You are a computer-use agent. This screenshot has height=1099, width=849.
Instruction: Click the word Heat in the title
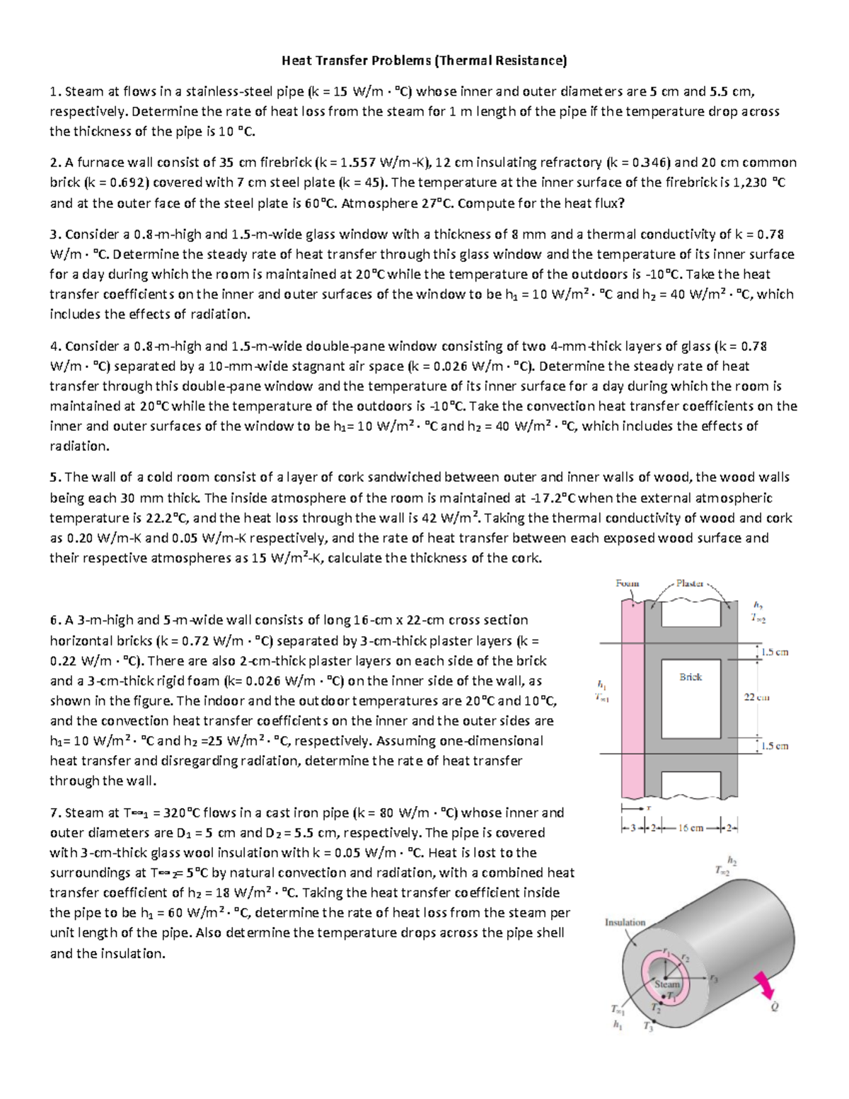coord(296,61)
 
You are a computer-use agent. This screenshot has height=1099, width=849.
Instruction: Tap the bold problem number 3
coord(53,234)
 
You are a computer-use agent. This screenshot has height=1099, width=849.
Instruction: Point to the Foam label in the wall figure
coord(627,583)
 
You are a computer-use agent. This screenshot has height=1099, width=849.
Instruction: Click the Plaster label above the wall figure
coord(689,583)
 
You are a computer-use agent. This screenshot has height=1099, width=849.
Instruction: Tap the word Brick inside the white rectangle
coord(691,677)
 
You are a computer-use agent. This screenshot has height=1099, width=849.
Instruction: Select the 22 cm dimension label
coord(757,697)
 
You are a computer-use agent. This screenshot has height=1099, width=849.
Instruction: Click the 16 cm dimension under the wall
coord(691,827)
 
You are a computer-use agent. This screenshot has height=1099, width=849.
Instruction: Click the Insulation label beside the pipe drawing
coord(625,922)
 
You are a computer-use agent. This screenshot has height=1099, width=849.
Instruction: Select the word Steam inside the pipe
coord(666,984)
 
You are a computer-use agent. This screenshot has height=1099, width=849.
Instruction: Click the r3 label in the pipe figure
coord(713,979)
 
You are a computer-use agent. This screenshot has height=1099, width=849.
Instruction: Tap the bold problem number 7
coord(53,813)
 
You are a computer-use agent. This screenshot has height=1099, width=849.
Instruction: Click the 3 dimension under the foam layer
coord(633,827)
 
